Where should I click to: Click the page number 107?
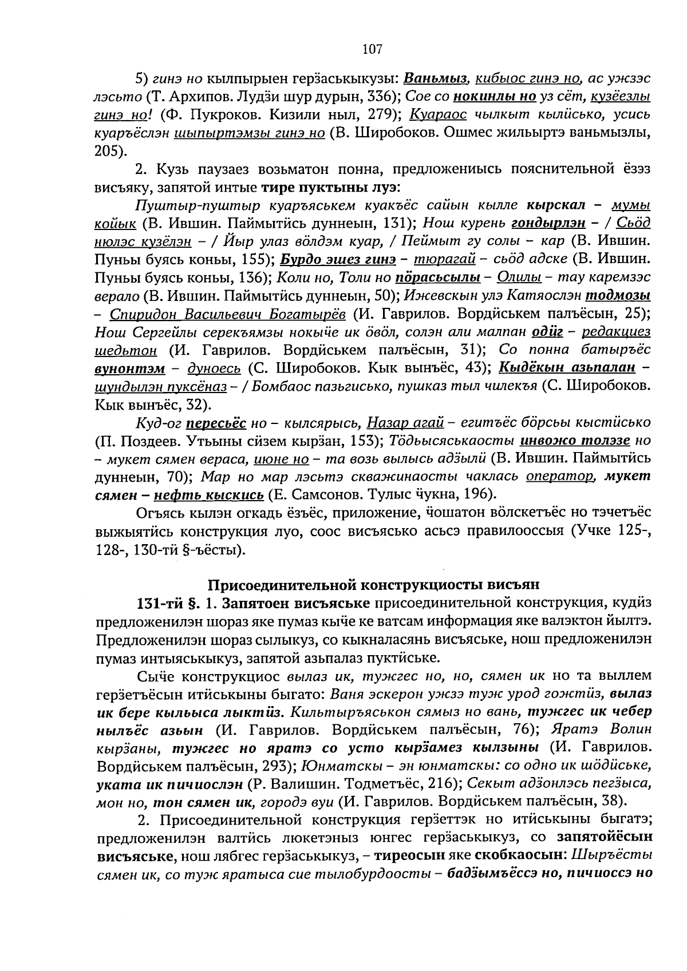click(x=372, y=49)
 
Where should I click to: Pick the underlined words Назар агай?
click(x=405, y=423)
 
